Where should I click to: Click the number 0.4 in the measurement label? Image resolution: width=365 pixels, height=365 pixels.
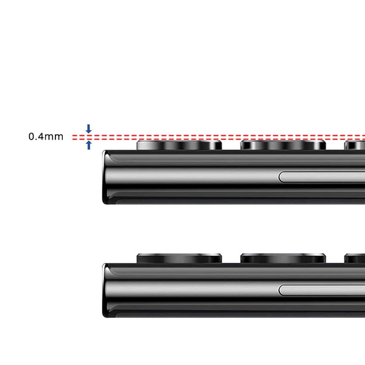(36, 137)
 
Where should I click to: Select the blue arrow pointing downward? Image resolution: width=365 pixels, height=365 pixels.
(89, 128)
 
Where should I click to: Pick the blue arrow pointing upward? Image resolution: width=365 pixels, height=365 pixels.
(89, 145)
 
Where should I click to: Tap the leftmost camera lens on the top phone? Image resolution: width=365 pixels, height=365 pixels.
(179, 145)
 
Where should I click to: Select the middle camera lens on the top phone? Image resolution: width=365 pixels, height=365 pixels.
(283, 145)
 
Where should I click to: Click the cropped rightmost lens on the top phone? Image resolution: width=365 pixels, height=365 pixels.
(355, 145)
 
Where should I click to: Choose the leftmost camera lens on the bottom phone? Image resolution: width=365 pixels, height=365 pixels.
(179, 258)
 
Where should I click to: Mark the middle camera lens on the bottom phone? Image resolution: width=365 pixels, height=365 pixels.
(283, 258)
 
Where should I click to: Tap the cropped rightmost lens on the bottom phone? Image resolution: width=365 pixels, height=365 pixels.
(355, 259)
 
